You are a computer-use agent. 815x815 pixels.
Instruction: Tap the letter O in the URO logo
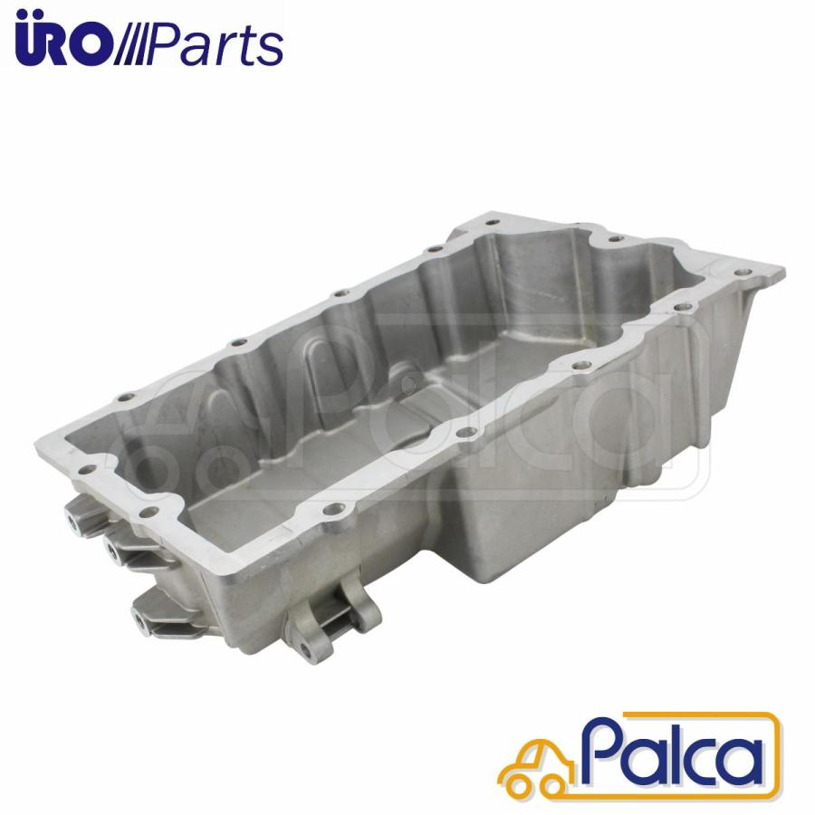91,47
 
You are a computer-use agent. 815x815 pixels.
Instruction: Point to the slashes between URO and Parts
129,46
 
